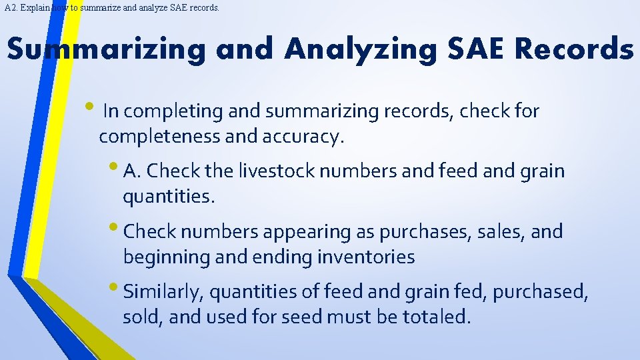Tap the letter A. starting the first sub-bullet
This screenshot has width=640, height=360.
(133, 171)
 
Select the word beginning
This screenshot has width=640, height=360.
(166, 257)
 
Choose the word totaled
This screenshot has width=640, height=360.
(437, 317)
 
